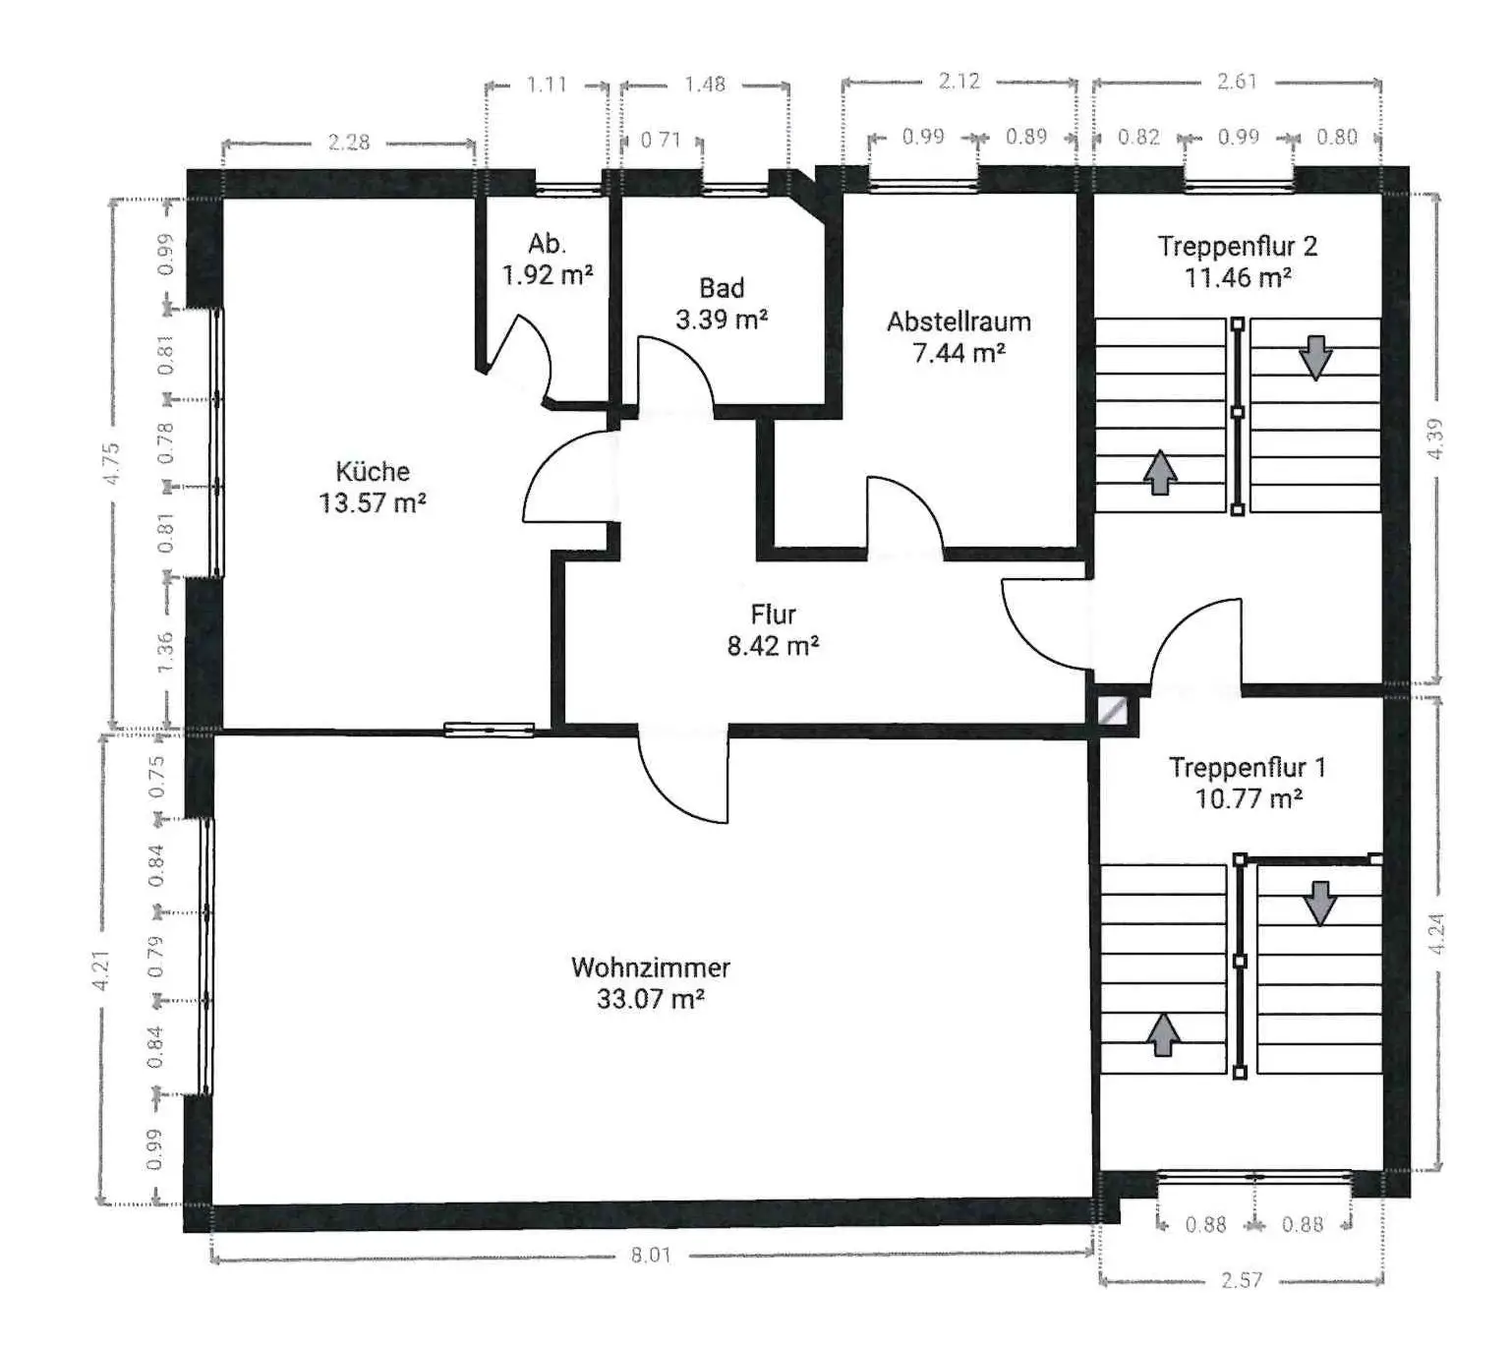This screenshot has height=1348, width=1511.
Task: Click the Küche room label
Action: tap(373, 472)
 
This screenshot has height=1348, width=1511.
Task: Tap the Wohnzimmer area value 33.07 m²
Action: tap(651, 998)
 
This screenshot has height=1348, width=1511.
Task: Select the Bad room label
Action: tap(722, 287)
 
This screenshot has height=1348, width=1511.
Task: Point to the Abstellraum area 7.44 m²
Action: tap(959, 352)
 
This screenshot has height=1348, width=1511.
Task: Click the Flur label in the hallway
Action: tap(774, 614)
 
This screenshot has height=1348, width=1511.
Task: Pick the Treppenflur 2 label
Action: tap(1238, 246)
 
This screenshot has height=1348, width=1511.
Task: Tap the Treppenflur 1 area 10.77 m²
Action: tap(1249, 799)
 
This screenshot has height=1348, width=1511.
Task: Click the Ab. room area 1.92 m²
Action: tap(548, 275)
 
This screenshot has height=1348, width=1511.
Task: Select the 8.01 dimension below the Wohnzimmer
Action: tap(651, 1255)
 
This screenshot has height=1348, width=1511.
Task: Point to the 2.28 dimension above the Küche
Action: tap(348, 142)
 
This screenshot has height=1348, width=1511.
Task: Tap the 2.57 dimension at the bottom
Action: tap(1242, 1280)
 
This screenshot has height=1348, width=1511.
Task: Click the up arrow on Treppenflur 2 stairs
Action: tap(1160, 472)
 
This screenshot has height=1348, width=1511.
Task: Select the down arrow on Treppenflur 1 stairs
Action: tap(1320, 904)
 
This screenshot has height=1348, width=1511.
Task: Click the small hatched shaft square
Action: tap(1113, 710)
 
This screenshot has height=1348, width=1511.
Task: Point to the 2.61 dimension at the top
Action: tap(1237, 82)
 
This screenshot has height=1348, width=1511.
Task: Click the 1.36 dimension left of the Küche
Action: tap(165, 651)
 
